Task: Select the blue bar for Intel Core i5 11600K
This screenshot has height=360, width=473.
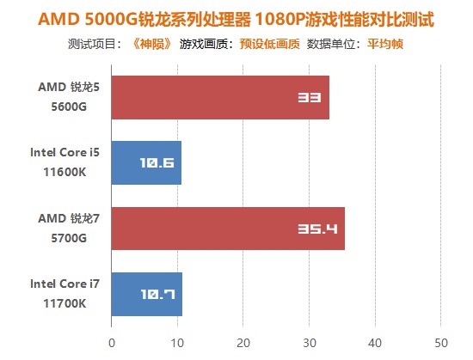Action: (x=146, y=163)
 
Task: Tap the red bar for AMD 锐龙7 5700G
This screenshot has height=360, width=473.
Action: (x=228, y=229)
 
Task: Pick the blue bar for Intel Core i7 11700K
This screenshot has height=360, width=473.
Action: (x=146, y=294)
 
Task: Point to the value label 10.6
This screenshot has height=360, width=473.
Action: (x=157, y=163)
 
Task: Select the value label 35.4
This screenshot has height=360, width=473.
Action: (x=318, y=229)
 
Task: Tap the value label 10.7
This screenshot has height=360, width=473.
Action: (x=158, y=294)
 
